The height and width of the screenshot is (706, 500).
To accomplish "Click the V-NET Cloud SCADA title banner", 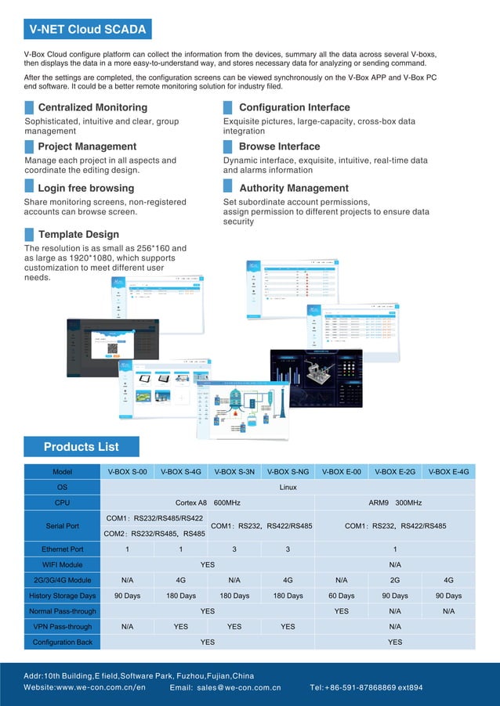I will [x=87, y=30].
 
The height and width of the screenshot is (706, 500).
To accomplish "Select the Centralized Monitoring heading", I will [x=92, y=107].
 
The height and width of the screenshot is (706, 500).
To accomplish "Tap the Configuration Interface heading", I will [x=294, y=107].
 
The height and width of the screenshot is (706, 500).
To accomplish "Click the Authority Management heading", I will [x=294, y=188].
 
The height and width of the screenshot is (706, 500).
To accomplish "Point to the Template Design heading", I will [x=78, y=234].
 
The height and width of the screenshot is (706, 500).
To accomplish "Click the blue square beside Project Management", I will [x=30, y=146].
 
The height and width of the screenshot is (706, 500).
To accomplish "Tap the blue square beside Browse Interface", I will [x=228, y=146].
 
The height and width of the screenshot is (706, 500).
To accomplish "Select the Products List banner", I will [x=82, y=447].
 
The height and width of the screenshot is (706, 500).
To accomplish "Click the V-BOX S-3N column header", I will [x=234, y=472].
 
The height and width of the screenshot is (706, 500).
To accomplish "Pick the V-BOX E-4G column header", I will [x=448, y=472].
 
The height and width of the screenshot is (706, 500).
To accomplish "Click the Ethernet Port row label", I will [x=62, y=549].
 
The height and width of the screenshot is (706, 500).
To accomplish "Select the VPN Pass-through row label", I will [x=62, y=626].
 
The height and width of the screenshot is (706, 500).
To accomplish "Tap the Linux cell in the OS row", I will [x=288, y=487].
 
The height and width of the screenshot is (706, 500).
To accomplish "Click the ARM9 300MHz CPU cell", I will [x=395, y=502].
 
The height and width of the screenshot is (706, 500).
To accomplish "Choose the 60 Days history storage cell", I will [x=341, y=596].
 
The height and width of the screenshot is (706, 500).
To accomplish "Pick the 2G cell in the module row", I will [x=395, y=580].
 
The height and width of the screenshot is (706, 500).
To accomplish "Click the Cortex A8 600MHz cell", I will [x=208, y=502].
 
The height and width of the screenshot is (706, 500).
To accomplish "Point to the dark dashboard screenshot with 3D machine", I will [x=316, y=379].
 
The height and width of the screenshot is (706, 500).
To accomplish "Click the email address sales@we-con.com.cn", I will [x=238, y=688].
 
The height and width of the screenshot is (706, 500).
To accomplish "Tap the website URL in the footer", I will [x=85, y=688].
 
